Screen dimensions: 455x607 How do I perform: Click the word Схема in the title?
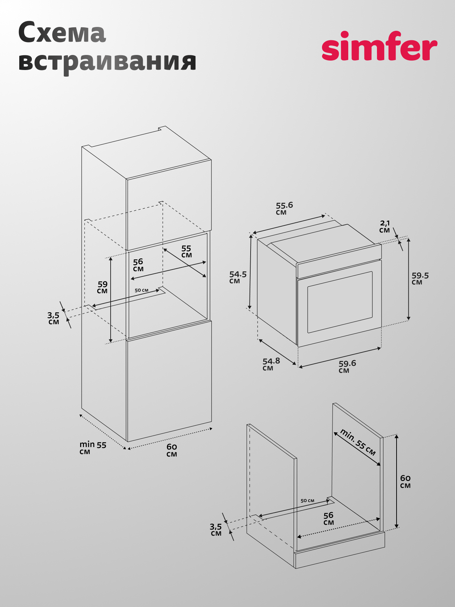(x=62, y=32)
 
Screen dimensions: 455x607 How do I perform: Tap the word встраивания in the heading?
(x=107, y=62)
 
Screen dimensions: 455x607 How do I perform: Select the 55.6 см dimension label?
(x=284, y=208)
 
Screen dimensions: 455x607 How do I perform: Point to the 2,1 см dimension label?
(x=385, y=226)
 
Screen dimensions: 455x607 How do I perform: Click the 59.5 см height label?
(x=420, y=279)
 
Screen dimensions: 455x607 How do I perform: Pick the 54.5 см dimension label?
(x=238, y=277)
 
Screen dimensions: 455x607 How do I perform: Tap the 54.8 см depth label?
(x=271, y=364)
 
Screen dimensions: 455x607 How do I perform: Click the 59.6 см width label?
(x=347, y=367)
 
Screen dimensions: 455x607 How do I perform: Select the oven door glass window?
(x=340, y=302)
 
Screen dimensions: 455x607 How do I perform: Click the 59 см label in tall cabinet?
(x=103, y=287)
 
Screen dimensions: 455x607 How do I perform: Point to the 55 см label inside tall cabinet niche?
(x=186, y=251)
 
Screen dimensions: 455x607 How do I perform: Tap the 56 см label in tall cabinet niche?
(x=138, y=265)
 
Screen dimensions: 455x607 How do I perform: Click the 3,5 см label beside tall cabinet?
(x=54, y=318)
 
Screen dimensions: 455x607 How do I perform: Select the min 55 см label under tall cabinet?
(x=93, y=448)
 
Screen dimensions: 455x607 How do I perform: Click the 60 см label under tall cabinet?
(x=171, y=450)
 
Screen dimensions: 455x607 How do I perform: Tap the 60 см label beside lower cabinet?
(x=405, y=481)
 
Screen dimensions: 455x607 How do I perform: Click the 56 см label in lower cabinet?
(x=328, y=518)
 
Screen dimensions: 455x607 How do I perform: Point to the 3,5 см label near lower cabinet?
(x=216, y=530)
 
